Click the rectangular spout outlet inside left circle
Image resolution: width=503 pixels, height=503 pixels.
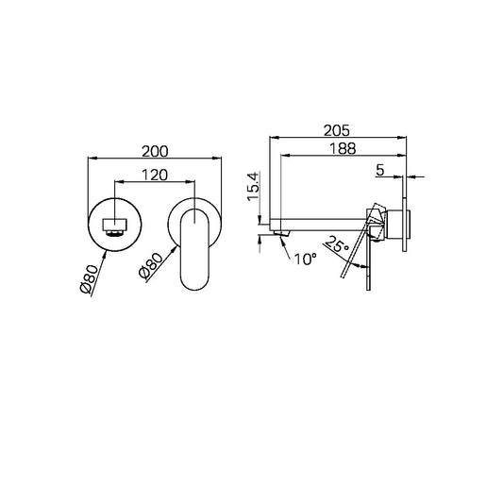[x=113, y=226]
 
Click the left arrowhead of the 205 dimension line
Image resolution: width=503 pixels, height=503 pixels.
[x=274, y=136]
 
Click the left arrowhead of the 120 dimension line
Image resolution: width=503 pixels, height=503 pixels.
[x=116, y=181]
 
